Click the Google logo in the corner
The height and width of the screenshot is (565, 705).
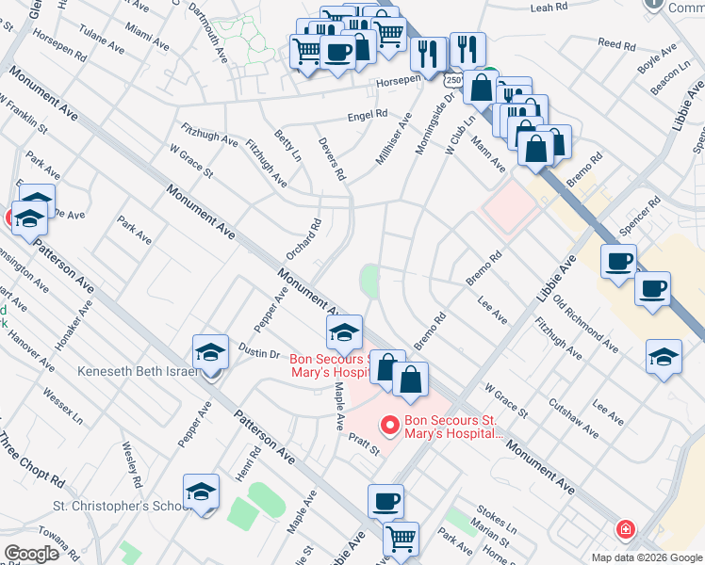pyautogui.click(x=30, y=553)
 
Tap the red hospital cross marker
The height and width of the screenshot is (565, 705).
pyautogui.click(x=624, y=530)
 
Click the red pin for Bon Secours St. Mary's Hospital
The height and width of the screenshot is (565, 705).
pyautogui.click(x=387, y=427)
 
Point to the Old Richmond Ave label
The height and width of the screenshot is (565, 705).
pyautogui.click(x=585, y=324)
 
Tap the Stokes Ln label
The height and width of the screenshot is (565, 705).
pyautogui.click(x=497, y=518)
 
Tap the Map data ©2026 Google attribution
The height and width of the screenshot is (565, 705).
pyautogui.click(x=647, y=557)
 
